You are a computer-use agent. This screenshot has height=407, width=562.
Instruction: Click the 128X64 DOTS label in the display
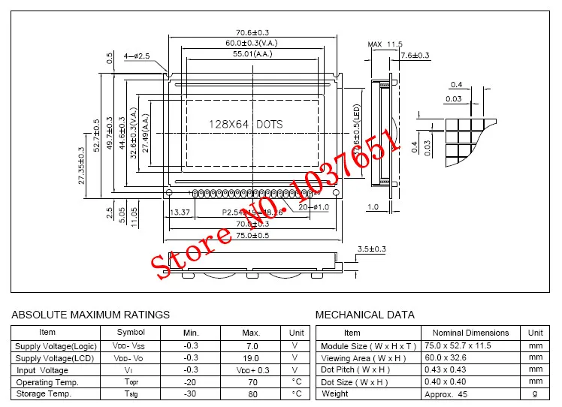[246, 124]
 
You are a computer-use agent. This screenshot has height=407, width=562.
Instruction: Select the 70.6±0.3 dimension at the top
[252, 32]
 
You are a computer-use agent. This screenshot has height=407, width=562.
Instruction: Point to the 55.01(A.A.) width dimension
[252, 55]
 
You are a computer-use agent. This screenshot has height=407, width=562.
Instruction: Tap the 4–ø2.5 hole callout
[137, 56]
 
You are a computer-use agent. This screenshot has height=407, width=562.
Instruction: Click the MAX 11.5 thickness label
[385, 45]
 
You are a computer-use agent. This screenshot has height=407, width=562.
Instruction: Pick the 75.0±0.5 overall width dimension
[252, 235]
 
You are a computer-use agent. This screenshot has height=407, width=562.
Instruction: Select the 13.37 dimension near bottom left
[180, 213]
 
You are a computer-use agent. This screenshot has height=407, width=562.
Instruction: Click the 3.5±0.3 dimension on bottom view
[371, 249]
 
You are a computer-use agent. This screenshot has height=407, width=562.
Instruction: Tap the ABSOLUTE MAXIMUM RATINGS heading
[91, 315]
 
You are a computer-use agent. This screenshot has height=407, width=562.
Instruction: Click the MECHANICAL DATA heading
[364, 315]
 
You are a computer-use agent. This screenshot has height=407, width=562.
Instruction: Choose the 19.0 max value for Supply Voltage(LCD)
[252, 358]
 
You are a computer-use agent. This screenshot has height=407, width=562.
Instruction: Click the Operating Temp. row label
[47, 382]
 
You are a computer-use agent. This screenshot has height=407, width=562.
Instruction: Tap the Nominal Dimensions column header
[470, 333]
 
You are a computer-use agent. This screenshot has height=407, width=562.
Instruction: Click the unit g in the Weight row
[535, 394]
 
